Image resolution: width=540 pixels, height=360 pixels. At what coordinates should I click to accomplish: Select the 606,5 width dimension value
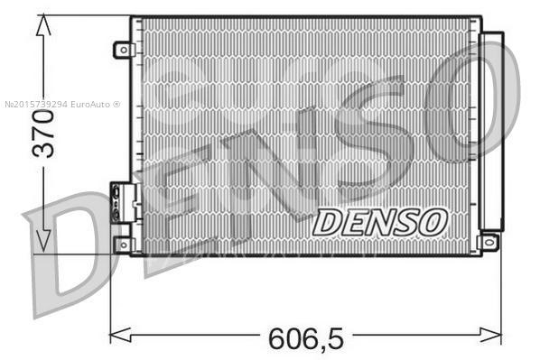coord(305,338)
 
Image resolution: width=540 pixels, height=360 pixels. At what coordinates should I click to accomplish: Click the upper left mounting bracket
coord(123,50)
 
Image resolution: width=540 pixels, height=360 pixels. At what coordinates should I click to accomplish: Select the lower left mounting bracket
coord(124,245)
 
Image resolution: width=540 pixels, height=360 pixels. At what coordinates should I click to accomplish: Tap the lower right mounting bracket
coord(489,242)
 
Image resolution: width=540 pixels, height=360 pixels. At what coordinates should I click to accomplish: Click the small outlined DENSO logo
coord(380,221)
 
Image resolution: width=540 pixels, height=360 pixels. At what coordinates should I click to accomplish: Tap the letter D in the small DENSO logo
coord(329,222)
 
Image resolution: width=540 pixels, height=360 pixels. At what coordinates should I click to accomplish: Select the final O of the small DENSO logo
coord(433,221)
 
